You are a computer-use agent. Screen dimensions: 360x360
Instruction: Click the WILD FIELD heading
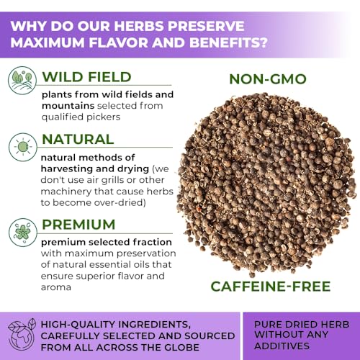[x=86, y=77]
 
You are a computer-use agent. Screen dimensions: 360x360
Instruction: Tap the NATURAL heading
[x=78, y=139]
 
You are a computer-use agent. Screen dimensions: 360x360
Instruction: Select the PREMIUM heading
[x=78, y=225]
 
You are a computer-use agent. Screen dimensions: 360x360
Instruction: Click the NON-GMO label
[x=268, y=79]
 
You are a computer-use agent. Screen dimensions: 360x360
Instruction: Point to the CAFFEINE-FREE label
[x=271, y=287]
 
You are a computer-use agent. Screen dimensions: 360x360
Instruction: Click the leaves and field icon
[x=22, y=81]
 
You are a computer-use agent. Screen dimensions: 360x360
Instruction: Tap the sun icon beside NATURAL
[x=23, y=147]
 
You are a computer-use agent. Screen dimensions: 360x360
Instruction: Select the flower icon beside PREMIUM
[x=23, y=233]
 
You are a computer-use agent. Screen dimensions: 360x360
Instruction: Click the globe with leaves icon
[x=22, y=334]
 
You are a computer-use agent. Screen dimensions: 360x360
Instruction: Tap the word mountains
[x=68, y=106]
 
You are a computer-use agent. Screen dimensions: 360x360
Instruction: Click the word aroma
[x=56, y=287]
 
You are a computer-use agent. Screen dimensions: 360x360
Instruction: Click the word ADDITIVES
[x=282, y=346]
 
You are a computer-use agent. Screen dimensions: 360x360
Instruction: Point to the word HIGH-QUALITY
[x=78, y=325]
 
